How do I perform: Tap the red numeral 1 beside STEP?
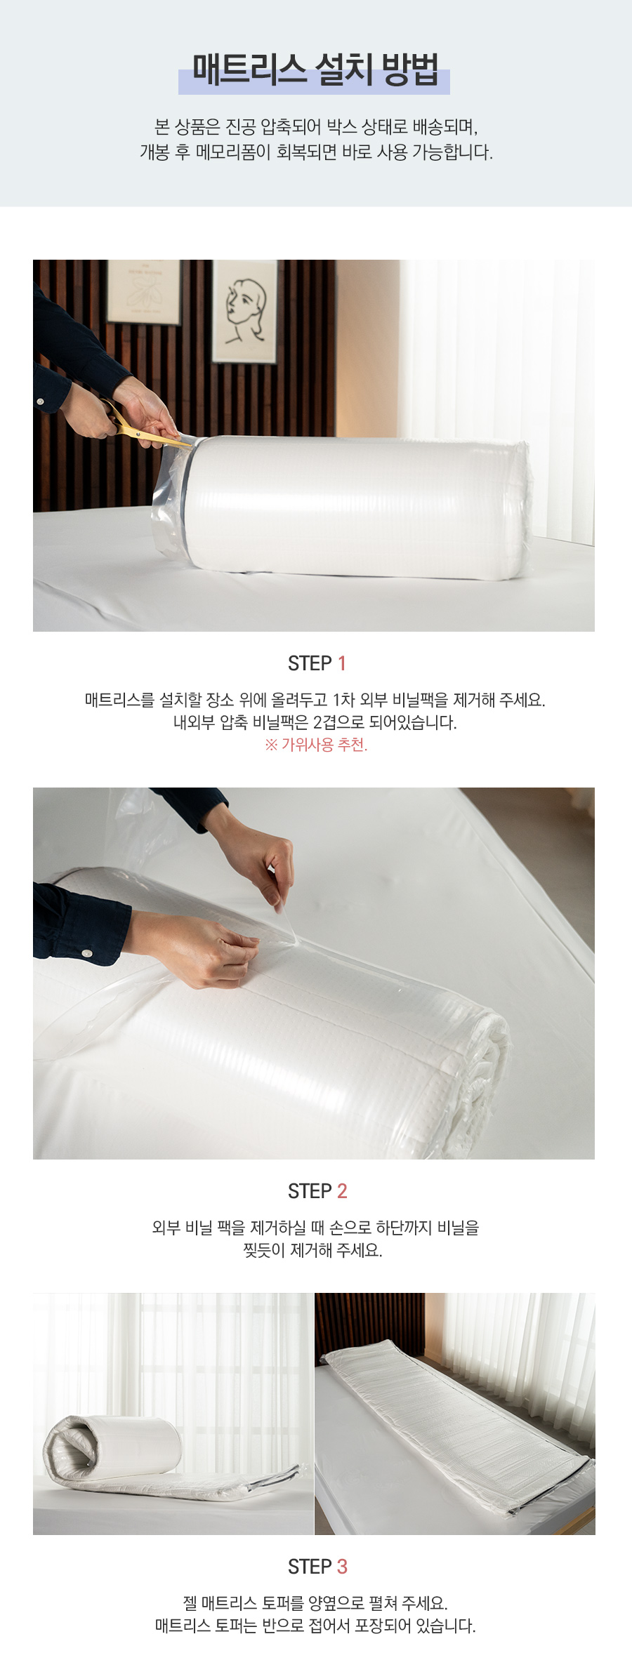click(342, 663)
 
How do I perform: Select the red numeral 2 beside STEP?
click(342, 1191)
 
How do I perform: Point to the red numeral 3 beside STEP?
click(342, 1567)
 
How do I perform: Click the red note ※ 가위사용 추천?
click(316, 745)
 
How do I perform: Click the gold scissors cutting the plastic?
click(143, 425)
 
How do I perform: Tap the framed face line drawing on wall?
click(245, 312)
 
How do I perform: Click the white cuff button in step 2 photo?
click(87, 953)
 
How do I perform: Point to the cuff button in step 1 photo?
click(40, 401)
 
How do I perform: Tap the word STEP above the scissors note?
click(310, 663)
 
